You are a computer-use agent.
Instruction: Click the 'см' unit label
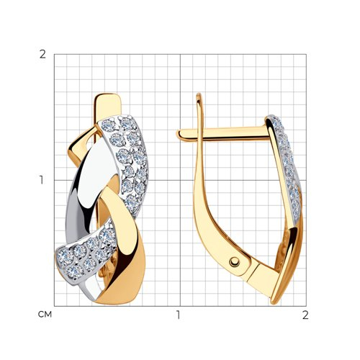[45, 315]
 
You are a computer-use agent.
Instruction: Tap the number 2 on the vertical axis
[42, 55]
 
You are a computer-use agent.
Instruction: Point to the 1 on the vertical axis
[42, 180]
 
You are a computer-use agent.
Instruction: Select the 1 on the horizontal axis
[178, 315]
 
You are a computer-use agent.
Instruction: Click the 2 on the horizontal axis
[305, 315]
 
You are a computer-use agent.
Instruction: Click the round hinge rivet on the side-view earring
[234, 262]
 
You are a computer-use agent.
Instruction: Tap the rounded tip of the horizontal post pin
[179, 135]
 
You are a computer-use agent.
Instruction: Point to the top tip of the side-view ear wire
[199, 94]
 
